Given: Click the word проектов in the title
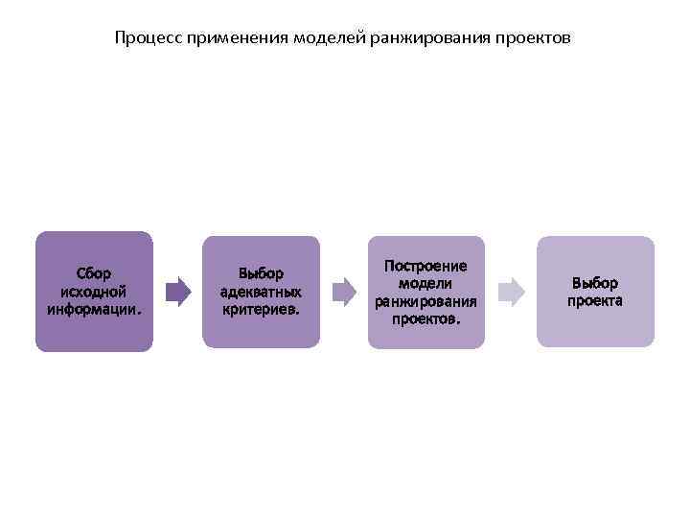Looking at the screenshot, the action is coord(532,39).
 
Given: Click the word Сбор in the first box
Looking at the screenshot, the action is coord(94,273).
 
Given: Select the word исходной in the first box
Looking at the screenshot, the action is coord(94,291).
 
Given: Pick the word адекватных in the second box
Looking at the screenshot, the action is coord(261,292).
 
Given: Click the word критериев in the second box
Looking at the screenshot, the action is coord(261,310).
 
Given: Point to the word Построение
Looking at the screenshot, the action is coord(425,265).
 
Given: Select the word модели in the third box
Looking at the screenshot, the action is coord(425,283).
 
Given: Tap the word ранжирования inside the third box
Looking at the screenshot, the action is coord(425,301).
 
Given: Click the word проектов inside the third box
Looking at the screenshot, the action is coord(425,318).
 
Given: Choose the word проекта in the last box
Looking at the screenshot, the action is coord(595,300).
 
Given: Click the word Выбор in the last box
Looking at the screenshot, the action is coord(595,283).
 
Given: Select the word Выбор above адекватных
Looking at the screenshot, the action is coord(261,273).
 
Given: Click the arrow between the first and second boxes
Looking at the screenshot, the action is coord(178,292).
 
